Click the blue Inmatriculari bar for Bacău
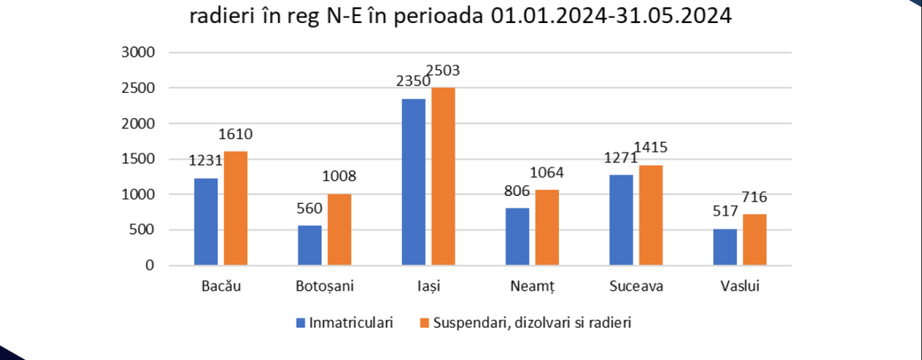(206, 222)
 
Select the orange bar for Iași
(443, 176)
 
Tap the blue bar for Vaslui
(725, 247)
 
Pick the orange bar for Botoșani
(339, 230)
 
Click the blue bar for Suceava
(621, 220)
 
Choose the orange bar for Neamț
(547, 228)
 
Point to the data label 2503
(443, 71)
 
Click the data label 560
(310, 209)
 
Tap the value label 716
(754, 197)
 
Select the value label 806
(517, 192)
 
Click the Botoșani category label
(325, 287)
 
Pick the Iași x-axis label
(429, 287)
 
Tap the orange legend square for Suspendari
(424, 323)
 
